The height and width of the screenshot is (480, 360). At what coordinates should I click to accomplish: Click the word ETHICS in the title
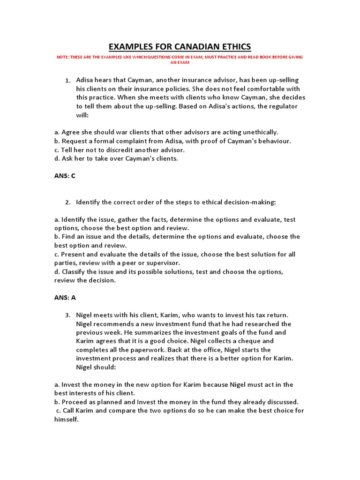tap(232, 46)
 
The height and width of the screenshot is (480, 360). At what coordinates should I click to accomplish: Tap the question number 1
tap(68, 81)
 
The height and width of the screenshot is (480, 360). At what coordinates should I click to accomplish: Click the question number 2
tap(68, 202)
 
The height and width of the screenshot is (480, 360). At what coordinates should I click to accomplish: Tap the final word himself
tap(66, 420)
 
